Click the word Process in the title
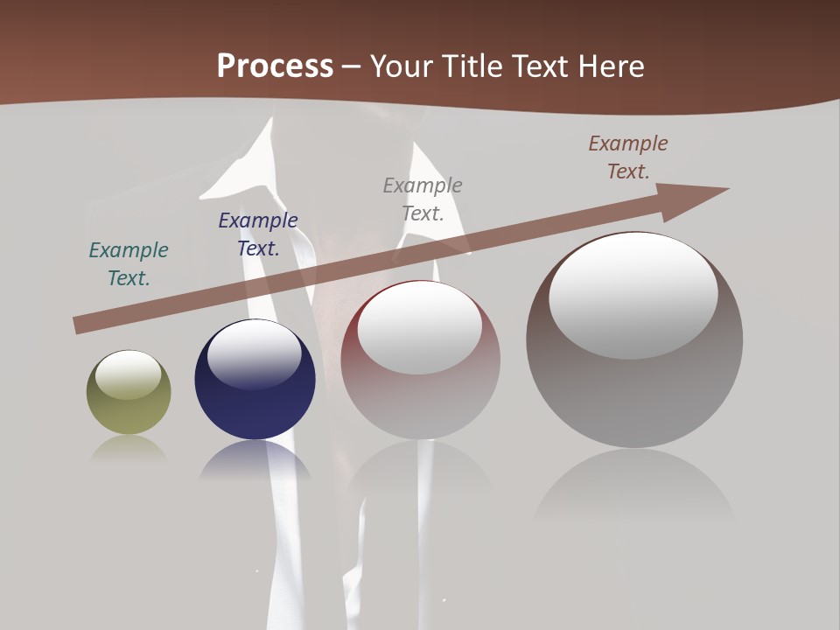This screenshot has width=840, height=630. pyautogui.click(x=275, y=66)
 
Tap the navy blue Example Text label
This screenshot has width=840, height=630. pyautogui.click(x=258, y=234)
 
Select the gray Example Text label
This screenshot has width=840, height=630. pyautogui.click(x=423, y=199)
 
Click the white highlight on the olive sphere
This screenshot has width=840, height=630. pyautogui.click(x=128, y=374)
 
